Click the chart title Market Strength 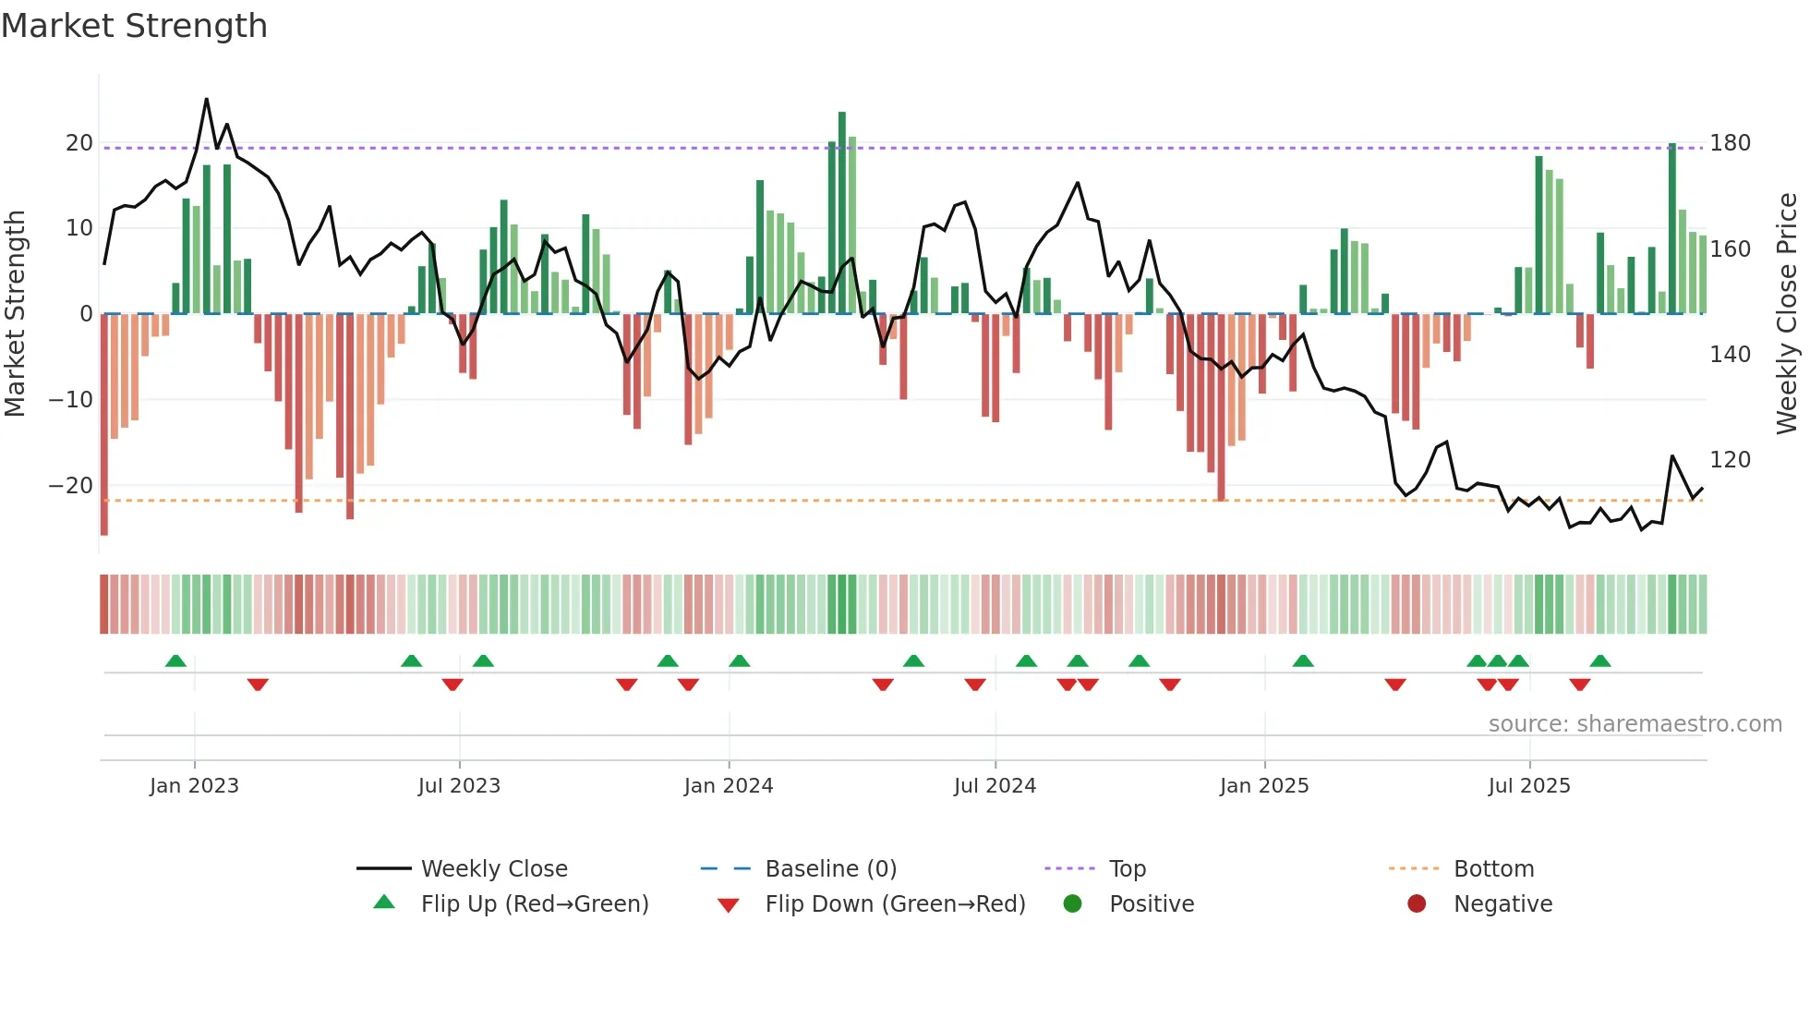(134, 26)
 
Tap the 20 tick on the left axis (79, 143)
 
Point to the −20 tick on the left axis (71, 486)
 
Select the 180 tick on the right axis (1730, 143)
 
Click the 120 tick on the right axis (1730, 460)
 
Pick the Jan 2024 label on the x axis (729, 786)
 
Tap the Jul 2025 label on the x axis (1529, 786)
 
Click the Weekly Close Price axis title (1787, 314)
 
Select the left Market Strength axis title (15, 314)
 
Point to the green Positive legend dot (1072, 903)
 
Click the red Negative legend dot (1417, 903)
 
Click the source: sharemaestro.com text (1635, 724)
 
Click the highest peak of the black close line (206, 100)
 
